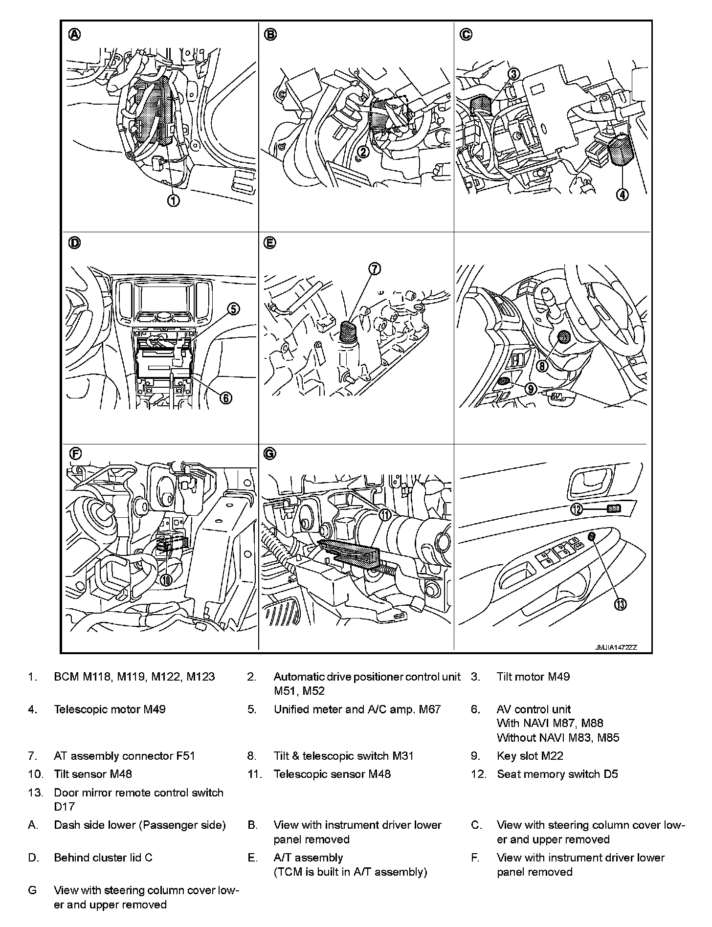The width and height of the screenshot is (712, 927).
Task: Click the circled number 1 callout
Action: click(173, 200)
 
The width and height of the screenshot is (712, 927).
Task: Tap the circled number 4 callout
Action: click(622, 195)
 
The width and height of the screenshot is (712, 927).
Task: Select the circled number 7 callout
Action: click(375, 268)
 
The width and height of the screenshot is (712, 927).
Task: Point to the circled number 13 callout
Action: click(620, 604)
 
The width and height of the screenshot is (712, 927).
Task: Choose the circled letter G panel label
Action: click(270, 454)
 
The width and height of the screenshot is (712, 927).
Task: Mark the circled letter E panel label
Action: click(270, 243)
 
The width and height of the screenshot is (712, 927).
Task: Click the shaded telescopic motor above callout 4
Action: click(622, 151)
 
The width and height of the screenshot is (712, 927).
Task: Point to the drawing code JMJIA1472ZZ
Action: click(616, 647)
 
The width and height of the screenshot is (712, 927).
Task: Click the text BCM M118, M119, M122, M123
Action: click(134, 677)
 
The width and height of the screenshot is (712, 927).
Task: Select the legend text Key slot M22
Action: click(530, 756)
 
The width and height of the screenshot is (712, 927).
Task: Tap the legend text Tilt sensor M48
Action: click(93, 774)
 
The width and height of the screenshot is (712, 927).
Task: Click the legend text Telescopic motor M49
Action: click(110, 709)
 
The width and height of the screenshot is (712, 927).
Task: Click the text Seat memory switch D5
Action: click(557, 774)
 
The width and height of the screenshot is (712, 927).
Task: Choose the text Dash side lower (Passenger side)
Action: click(140, 825)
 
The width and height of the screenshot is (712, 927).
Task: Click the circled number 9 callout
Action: click(531, 389)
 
